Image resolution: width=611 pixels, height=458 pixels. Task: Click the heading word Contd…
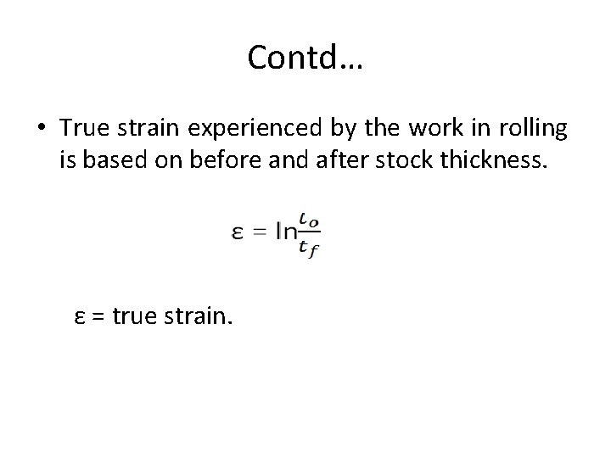(305, 58)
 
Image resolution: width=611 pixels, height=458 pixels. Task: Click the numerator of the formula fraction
(310, 223)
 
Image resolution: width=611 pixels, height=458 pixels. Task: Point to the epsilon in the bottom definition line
(79, 317)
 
